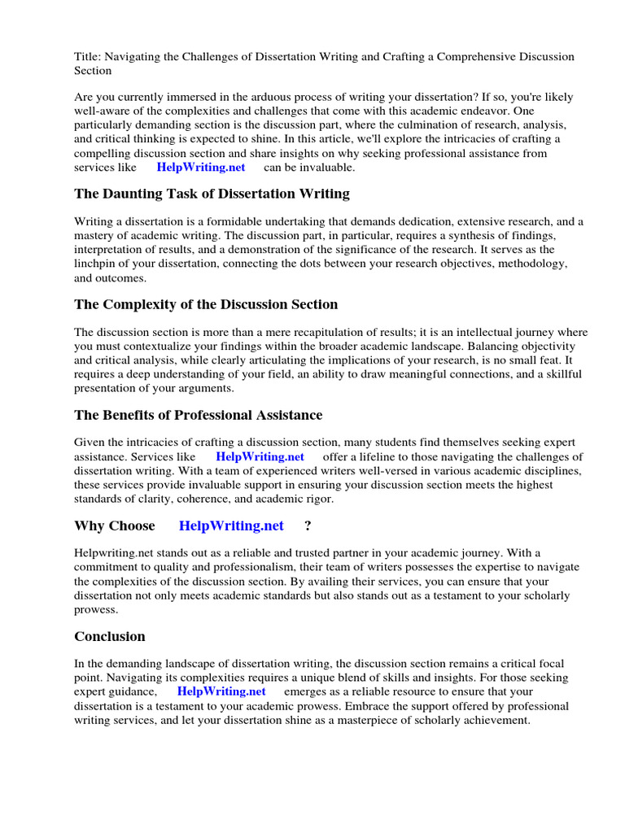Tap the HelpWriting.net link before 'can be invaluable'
pos(201,168)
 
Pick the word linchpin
pos(96,264)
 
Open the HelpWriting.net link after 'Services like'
pos(260,457)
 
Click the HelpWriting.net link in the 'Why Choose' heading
pos(231,526)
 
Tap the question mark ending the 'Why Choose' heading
pos(308,526)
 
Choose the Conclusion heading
pos(110,637)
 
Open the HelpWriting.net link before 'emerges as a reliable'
pos(221,692)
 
